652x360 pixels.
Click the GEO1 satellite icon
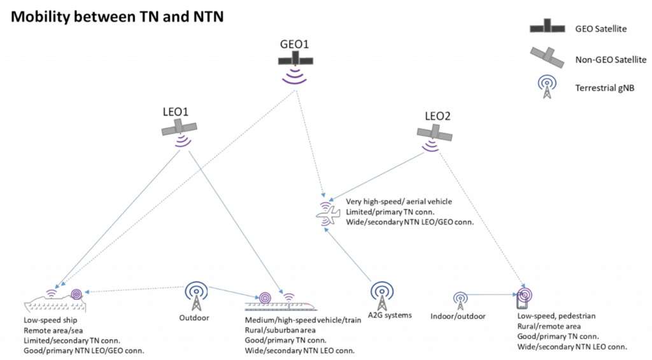[x=295, y=59]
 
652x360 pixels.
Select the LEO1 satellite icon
[x=179, y=128]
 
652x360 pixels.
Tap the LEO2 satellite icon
[x=434, y=133]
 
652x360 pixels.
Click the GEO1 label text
[x=294, y=44]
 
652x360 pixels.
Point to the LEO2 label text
[x=437, y=116]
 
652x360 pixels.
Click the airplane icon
[x=328, y=214]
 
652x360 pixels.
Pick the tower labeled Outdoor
[x=196, y=296]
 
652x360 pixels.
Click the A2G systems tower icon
[x=382, y=296]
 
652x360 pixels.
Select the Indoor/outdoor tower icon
[x=460, y=301]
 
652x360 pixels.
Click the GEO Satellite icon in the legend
[x=547, y=25]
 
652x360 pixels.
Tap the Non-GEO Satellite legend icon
[x=547, y=57]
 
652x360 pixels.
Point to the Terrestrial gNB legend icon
[x=547, y=87]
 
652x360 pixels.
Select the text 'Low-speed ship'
[x=50, y=320]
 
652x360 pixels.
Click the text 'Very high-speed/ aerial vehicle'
[x=399, y=201]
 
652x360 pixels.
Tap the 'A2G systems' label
[x=390, y=315]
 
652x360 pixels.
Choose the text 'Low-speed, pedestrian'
[x=556, y=316]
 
